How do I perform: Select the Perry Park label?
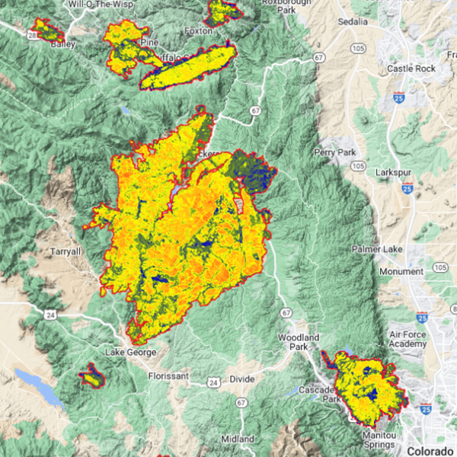[x=336, y=152]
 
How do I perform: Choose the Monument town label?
[x=400, y=271]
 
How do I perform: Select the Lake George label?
[x=131, y=352]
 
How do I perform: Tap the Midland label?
[x=238, y=439]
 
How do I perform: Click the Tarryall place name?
[x=66, y=251]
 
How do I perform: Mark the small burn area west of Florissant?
[x=91, y=376]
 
